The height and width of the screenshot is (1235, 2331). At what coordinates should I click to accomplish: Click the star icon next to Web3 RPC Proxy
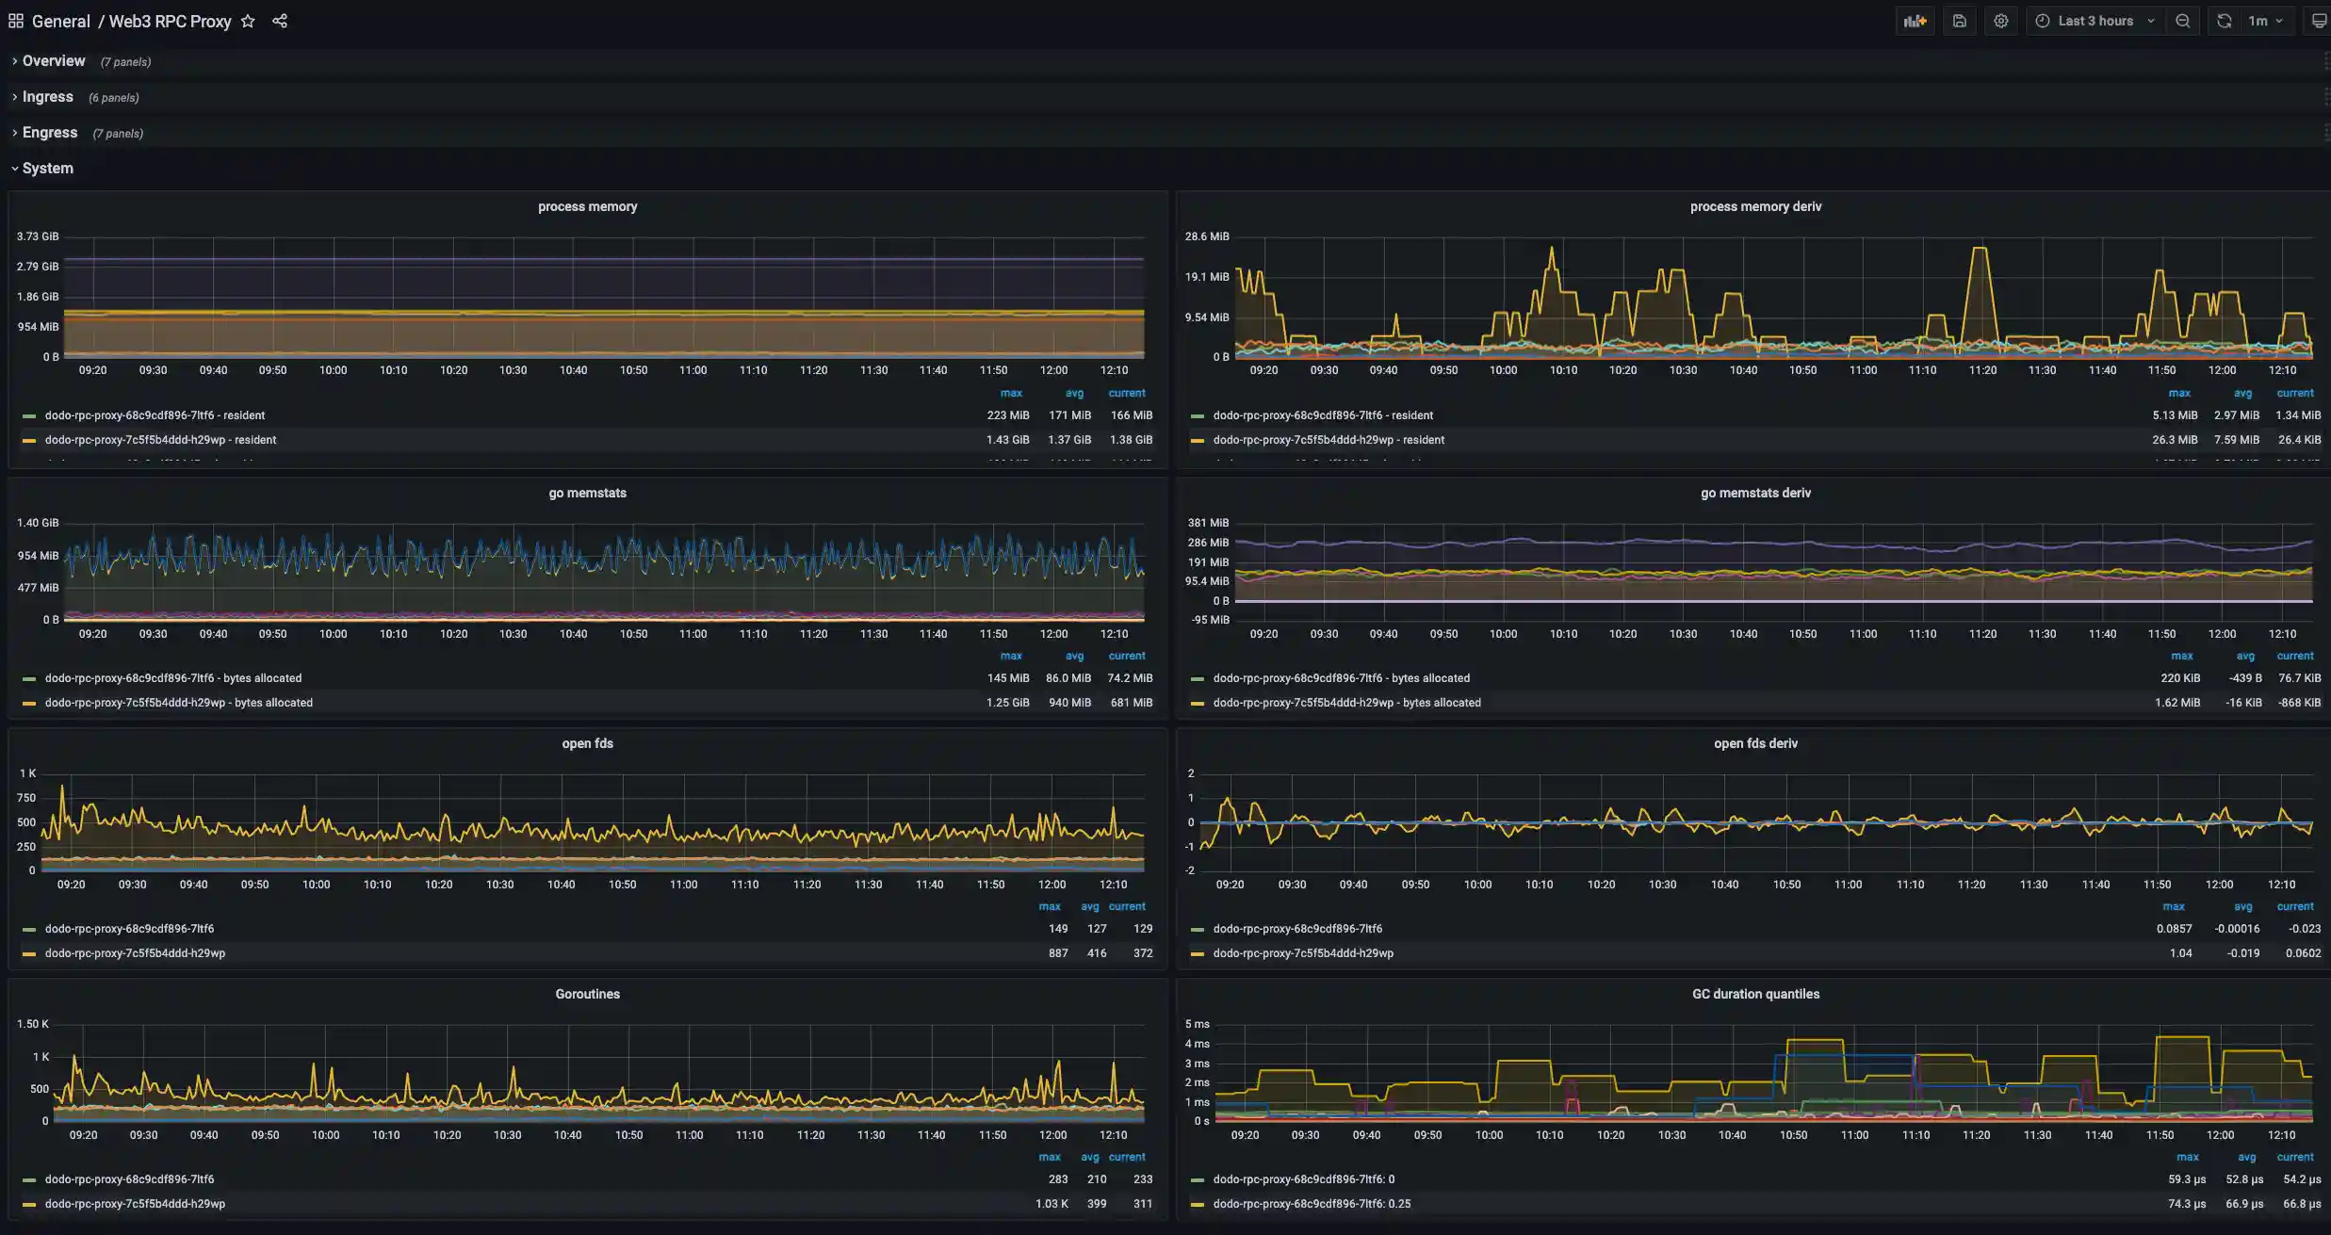[x=248, y=21]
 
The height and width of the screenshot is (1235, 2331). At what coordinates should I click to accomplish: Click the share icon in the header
[x=280, y=21]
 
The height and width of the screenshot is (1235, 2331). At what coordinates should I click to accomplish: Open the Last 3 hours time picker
[x=2095, y=21]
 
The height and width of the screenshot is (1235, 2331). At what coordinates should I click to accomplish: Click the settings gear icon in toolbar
[x=2000, y=21]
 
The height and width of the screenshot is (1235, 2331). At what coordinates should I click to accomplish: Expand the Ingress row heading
[x=48, y=97]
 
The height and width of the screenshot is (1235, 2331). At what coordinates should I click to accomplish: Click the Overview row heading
[x=54, y=61]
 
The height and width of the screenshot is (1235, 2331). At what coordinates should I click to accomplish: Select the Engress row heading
[x=50, y=133]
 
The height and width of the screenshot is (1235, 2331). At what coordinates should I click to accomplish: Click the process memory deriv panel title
[x=1754, y=206]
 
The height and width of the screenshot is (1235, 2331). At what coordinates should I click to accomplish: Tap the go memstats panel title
[x=587, y=493]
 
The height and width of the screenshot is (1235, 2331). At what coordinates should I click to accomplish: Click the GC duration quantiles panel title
[x=1754, y=994]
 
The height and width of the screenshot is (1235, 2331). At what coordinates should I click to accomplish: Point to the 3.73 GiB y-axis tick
[x=38, y=236]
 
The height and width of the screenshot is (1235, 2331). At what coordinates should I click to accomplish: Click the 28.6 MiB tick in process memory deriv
[x=1206, y=236]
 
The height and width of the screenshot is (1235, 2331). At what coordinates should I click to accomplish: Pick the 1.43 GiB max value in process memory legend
[x=1007, y=440]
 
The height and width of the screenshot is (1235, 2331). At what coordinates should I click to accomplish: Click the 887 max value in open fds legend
[x=1058, y=953]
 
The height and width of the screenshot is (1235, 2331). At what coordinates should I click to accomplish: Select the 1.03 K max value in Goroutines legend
[x=1051, y=1204]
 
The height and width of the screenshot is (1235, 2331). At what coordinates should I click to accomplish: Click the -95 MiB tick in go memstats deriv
[x=1210, y=620]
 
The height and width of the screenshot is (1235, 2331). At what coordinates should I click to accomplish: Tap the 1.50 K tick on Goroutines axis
[x=33, y=1024]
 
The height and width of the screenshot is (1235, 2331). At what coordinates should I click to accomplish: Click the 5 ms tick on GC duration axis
[x=1197, y=1024]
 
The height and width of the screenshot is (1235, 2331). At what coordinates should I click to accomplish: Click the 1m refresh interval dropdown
[x=2265, y=21]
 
